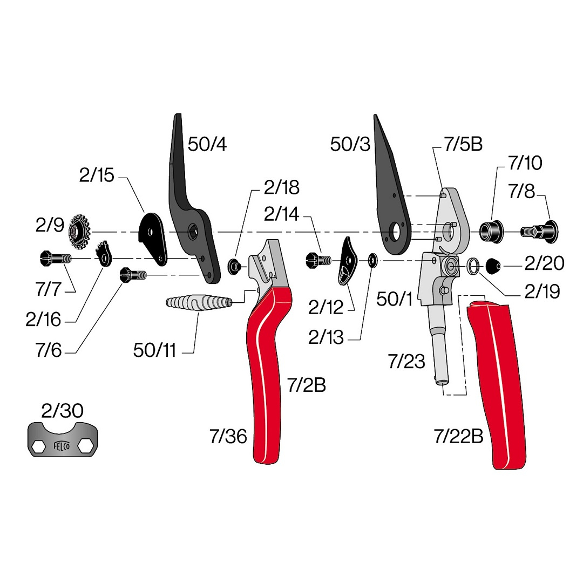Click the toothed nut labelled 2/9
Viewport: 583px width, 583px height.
[79, 233]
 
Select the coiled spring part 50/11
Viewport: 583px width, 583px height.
[199, 302]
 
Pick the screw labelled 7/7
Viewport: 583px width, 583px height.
[55, 259]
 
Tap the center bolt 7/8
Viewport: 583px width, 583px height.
[539, 232]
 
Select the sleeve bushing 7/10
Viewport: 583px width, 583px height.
[491, 232]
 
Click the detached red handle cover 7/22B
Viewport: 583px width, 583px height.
[497, 383]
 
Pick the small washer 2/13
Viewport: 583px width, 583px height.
[372, 261]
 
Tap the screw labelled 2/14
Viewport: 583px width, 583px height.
[318, 260]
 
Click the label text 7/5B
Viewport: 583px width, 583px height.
[463, 144]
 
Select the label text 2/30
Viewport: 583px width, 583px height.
[62, 411]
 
